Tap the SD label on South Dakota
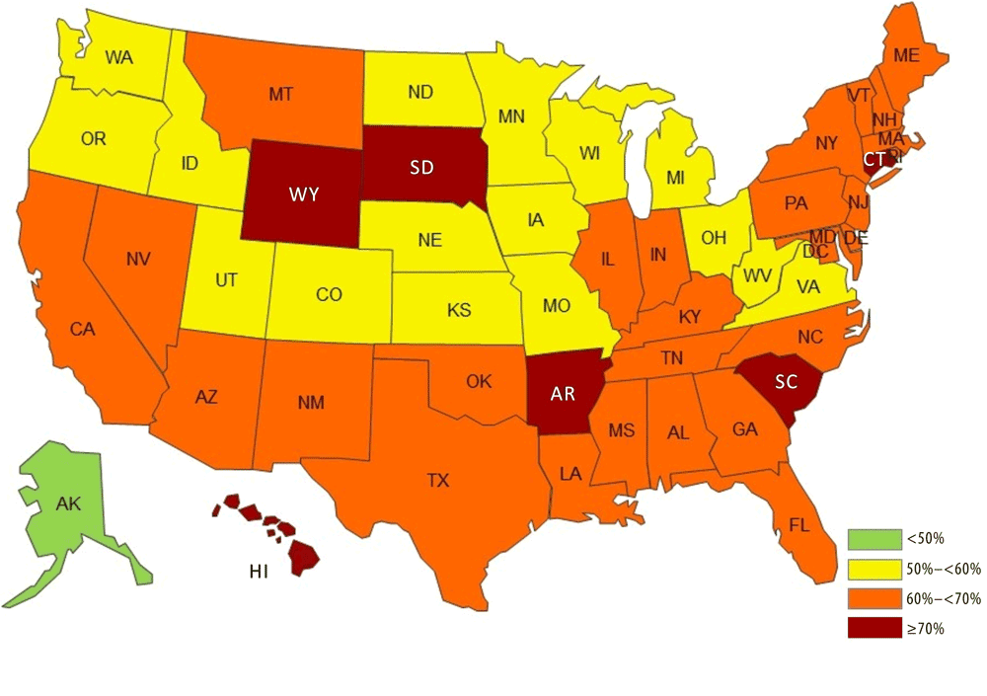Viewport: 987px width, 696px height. tap(421, 167)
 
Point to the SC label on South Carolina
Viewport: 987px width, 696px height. tap(786, 383)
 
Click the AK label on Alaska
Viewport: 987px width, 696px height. tap(68, 503)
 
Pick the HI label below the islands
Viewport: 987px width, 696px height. tap(257, 572)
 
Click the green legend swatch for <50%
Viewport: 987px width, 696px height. tap(874, 538)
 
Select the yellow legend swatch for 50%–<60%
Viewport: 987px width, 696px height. tap(874, 569)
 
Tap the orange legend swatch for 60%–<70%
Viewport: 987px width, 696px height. tap(874, 598)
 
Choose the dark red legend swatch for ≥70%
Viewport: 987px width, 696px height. tap(874, 628)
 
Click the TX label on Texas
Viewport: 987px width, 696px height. tap(437, 481)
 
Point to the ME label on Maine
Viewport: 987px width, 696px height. tap(906, 56)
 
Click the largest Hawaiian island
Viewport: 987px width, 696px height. tap(304, 560)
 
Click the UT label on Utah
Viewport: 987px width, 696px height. tap(226, 280)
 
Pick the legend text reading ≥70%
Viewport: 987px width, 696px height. tap(926, 628)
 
